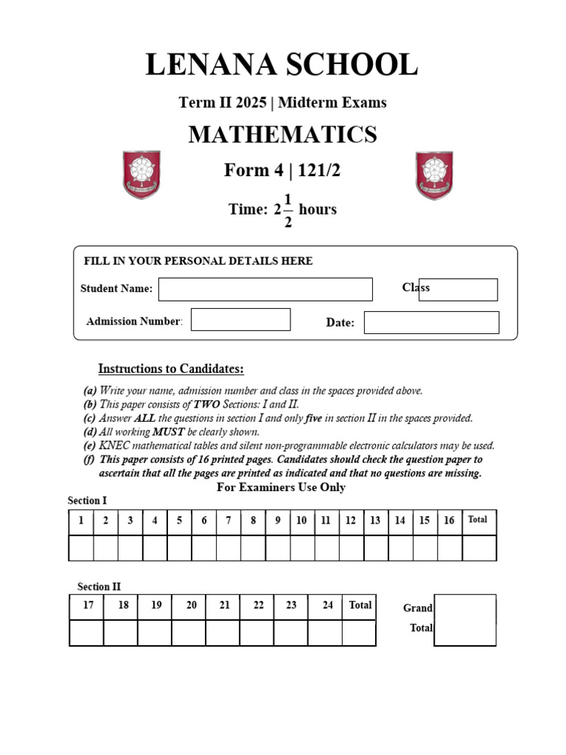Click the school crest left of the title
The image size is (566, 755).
[x=141, y=175]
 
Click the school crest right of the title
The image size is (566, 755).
[x=434, y=175]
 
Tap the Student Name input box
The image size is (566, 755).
[x=265, y=289]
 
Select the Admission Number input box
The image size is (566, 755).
[x=240, y=319]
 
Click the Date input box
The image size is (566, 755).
[x=431, y=322]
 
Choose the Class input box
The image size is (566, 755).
[x=458, y=290]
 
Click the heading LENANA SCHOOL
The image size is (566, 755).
[x=282, y=65]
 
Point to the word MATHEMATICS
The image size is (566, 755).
[x=282, y=134]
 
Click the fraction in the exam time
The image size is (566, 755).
[x=287, y=210]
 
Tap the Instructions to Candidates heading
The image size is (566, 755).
[x=171, y=369]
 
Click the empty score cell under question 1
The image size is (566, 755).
[x=81, y=548]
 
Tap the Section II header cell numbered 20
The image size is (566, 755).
[x=192, y=606]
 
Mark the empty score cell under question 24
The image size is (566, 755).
[x=325, y=633]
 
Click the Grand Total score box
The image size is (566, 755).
[x=465, y=620]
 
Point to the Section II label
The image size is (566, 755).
[x=99, y=587]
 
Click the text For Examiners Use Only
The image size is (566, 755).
[x=281, y=487]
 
